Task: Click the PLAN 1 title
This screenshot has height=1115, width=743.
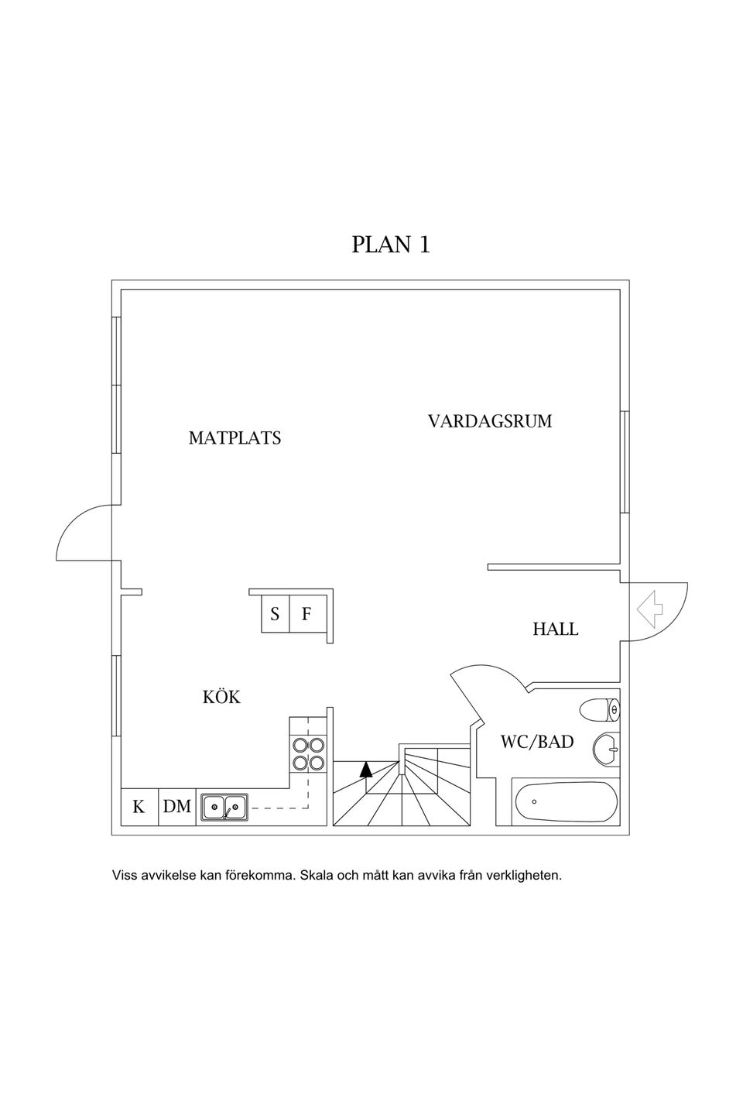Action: pos(391,245)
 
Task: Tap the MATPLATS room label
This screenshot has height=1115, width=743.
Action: pos(235,438)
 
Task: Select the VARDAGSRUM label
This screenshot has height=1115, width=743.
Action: pos(490,422)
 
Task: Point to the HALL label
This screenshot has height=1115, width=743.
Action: pos(555,630)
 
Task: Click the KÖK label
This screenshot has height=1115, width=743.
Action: pos(221,698)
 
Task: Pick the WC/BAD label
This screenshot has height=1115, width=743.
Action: pos(537,742)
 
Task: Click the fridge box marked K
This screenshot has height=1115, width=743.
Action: pos(139,807)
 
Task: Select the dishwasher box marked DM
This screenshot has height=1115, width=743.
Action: pos(177,807)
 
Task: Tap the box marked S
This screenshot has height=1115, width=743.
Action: pos(275,615)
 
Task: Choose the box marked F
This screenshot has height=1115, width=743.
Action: pos(306,615)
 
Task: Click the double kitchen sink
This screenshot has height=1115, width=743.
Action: pos(224,807)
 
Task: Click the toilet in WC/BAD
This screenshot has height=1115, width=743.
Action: pos(601,709)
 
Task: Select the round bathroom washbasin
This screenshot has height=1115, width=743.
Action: pos(607,749)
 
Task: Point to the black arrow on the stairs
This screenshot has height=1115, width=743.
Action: pos(366,769)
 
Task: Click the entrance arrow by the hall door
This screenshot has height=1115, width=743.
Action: pos(650,608)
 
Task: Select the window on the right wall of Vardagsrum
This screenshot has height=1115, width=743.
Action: pos(624,462)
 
